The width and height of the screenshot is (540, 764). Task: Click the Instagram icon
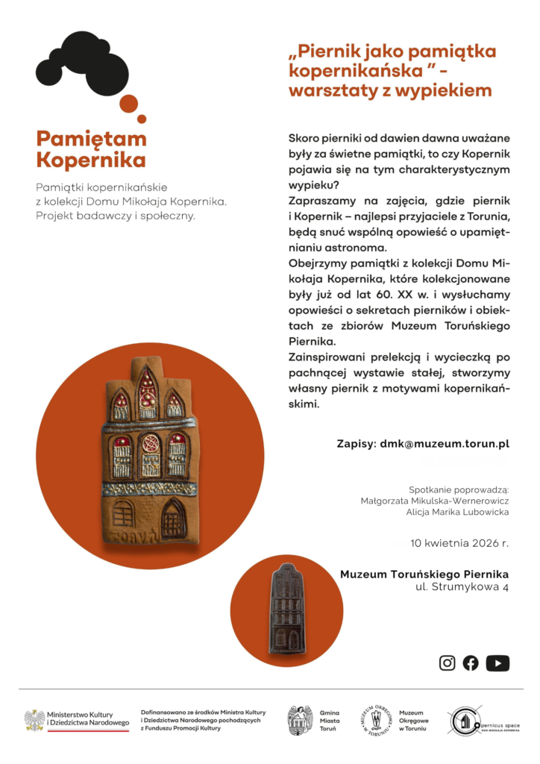(447, 663)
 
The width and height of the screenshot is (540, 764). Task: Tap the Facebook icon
(471, 663)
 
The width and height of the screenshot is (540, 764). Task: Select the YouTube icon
(497, 663)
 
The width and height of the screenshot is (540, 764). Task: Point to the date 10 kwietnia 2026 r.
(459, 542)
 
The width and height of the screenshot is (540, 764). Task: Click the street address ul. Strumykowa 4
(462, 588)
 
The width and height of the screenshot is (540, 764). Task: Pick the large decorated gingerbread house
(150, 455)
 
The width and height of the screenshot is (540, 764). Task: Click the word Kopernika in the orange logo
(91, 160)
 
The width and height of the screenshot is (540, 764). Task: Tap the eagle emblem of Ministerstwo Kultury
(34, 721)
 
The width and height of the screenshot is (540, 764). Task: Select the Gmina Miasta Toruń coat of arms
(300, 721)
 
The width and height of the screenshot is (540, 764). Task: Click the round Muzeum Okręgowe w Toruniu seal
(376, 721)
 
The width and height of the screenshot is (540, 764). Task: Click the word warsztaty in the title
(329, 91)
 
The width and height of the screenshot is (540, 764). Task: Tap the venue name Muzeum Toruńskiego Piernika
(424, 574)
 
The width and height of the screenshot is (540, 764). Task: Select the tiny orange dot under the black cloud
(142, 119)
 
